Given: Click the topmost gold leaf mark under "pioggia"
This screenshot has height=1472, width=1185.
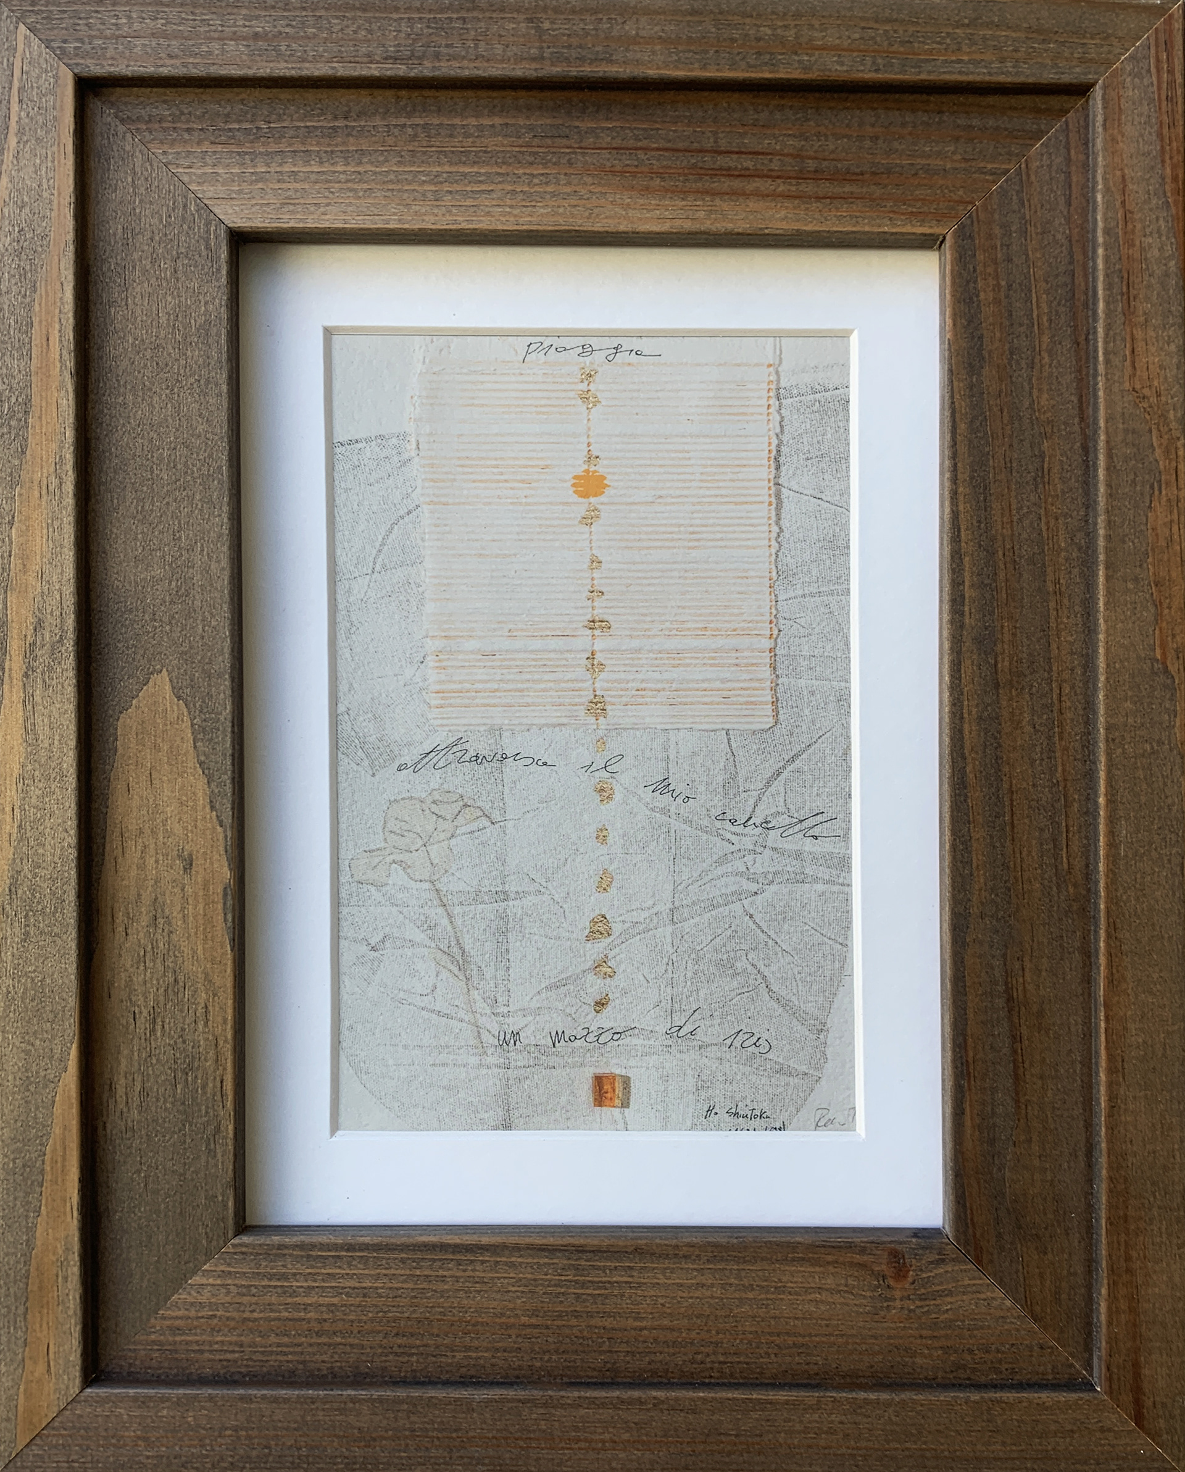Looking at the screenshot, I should tap(588, 375).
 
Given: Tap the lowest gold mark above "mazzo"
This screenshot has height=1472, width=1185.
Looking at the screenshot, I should tap(600, 1002).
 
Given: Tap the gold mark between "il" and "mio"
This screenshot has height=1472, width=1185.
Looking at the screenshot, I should tap(604, 792).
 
